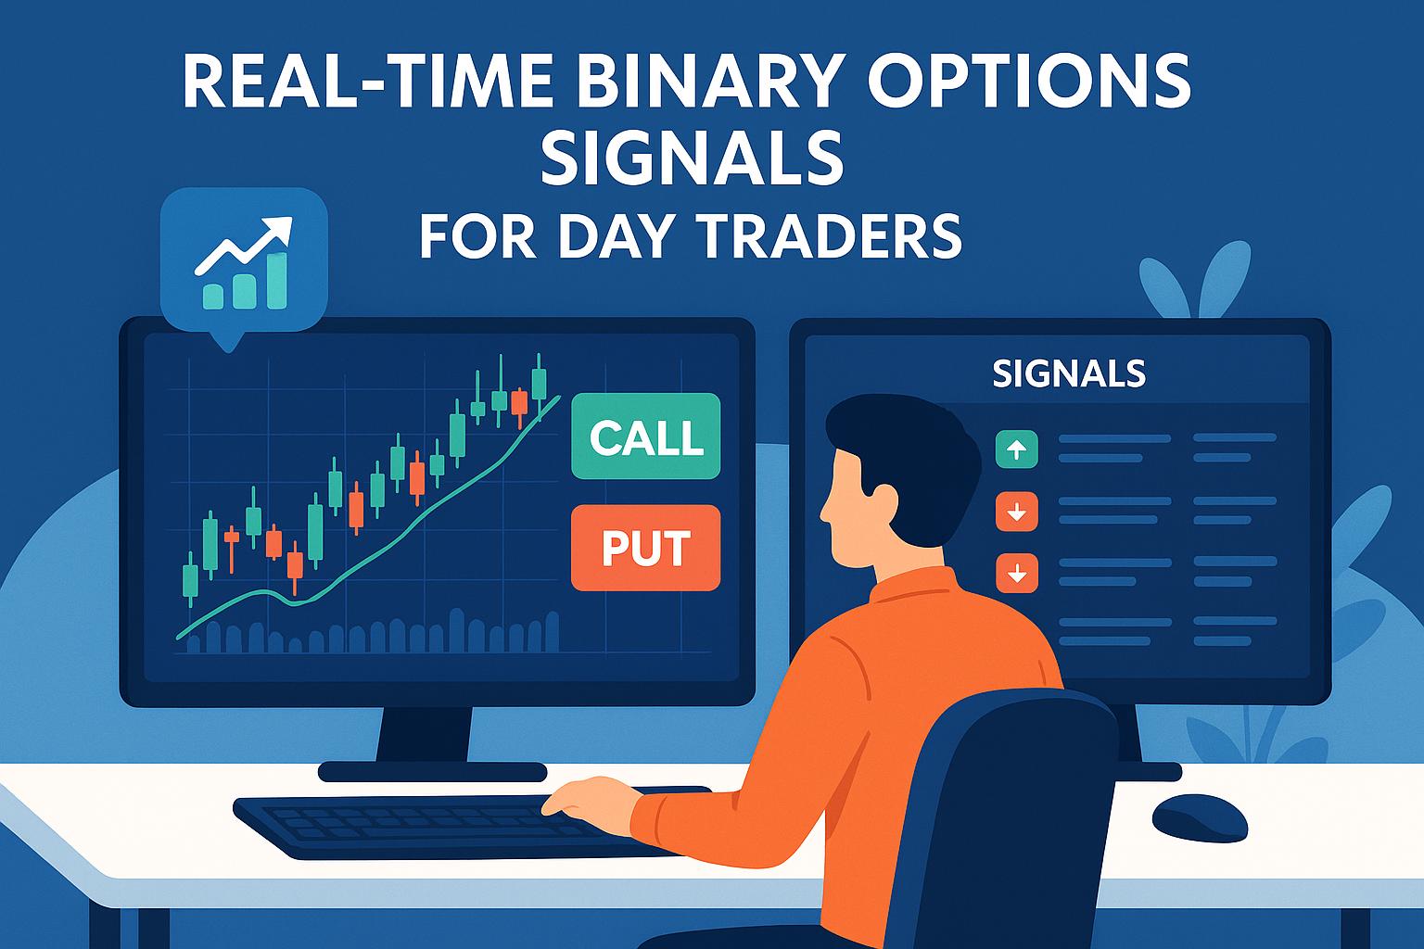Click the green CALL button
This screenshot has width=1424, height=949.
(645, 437)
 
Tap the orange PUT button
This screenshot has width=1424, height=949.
(645, 548)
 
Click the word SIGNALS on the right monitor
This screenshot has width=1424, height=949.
(1068, 373)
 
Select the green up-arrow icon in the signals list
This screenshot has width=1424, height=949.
(1016, 450)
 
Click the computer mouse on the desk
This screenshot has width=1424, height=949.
(1200, 816)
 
